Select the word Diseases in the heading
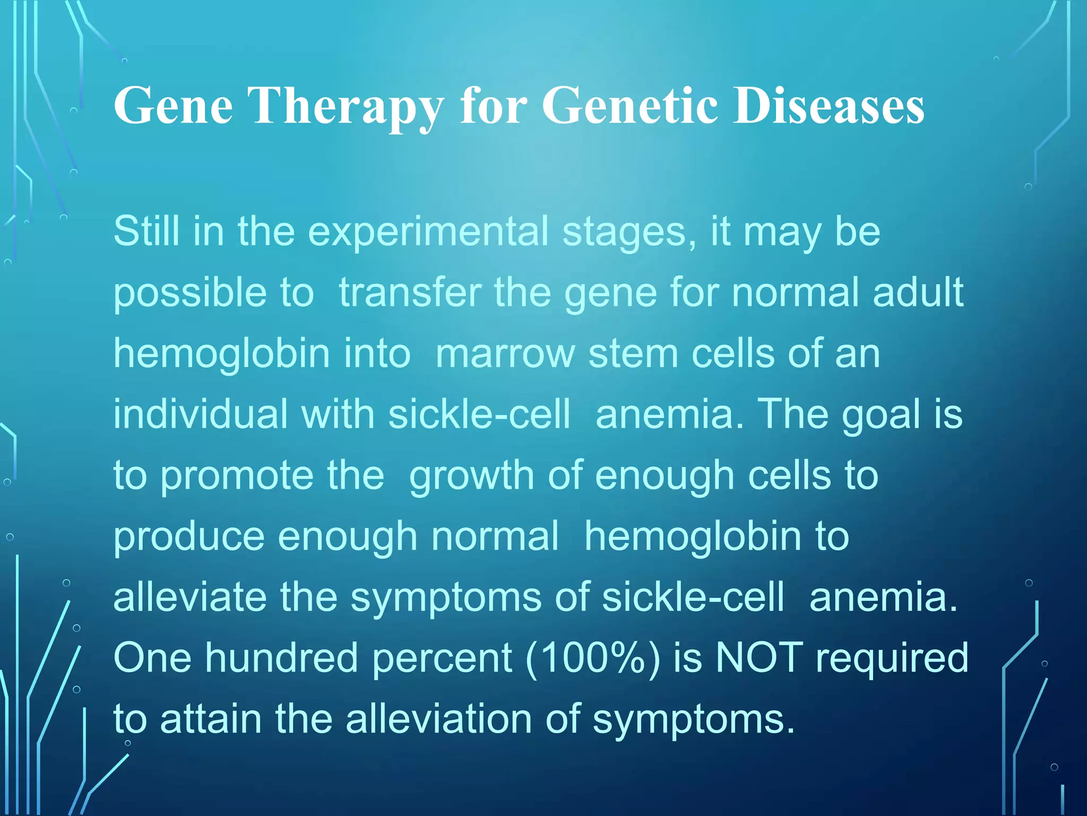[829, 106]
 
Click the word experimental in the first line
[428, 233]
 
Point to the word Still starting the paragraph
[146, 232]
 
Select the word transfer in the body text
[410, 293]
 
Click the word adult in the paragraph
[918, 293]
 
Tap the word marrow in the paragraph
[505, 354]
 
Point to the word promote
[237, 477]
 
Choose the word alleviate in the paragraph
[189, 597]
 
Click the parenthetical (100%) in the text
[593, 659]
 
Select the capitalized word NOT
[760, 658]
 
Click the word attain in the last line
[211, 719]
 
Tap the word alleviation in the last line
[439, 719]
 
